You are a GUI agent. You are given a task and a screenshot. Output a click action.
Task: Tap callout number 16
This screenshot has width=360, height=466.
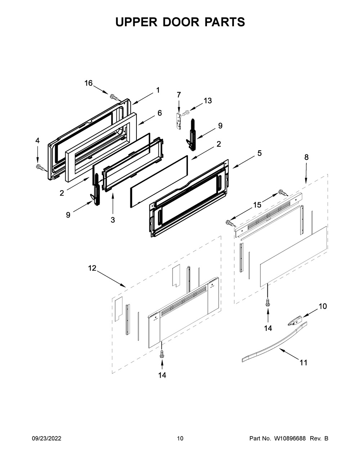[x=89, y=83]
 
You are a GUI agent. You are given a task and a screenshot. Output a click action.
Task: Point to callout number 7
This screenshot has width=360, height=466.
[x=179, y=95]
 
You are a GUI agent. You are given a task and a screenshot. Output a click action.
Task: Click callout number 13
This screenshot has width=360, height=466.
[x=208, y=101]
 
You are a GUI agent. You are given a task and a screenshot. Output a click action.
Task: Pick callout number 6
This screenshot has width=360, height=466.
[x=159, y=113]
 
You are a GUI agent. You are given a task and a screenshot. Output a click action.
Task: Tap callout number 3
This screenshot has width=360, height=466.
[x=113, y=220]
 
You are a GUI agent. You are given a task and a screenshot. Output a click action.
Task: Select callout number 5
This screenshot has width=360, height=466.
[x=259, y=153]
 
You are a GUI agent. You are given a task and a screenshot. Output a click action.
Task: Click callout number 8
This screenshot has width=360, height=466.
[x=306, y=157]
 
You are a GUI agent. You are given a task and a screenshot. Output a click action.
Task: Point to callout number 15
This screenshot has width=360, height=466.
[x=257, y=205]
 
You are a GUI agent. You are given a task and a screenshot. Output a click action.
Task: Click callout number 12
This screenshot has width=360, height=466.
[x=92, y=268]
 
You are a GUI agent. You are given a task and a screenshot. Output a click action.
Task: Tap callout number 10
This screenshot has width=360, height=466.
[x=323, y=306]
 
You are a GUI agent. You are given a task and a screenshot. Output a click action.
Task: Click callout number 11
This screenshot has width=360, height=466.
[x=303, y=362]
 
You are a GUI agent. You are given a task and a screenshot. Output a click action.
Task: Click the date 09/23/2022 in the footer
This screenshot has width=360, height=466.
[x=46, y=439]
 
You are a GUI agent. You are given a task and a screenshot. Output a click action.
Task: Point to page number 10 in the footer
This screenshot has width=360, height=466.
[x=180, y=439]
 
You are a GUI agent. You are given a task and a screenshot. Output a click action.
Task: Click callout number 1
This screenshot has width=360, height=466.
[x=158, y=90]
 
